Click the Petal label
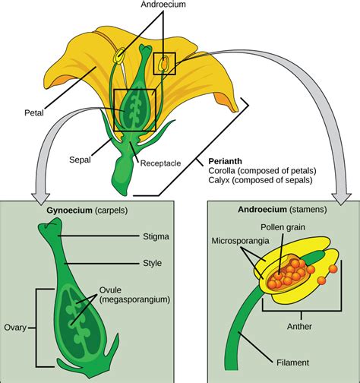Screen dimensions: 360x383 tap(34, 112)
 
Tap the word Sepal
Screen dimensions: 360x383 tap(80, 160)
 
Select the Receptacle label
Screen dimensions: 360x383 tap(160, 163)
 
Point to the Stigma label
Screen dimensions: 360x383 tap(156, 236)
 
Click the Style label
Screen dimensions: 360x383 tap(152, 263)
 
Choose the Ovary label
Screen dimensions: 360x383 tap(15, 328)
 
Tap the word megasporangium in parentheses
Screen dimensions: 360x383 tap(134, 299)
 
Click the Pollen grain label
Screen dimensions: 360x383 tap(283, 227)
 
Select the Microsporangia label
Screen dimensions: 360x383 tap(240, 241)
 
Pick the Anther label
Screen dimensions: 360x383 tap(299, 326)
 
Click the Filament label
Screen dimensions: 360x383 tap(292, 362)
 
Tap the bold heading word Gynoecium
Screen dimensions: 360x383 tap(70, 210)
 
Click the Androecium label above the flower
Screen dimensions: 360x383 tap(163, 5)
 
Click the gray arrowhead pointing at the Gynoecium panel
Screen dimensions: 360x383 tap(40, 199)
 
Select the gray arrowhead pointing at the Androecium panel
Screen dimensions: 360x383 tap(342, 199)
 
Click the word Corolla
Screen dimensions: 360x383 tap(222, 171)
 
